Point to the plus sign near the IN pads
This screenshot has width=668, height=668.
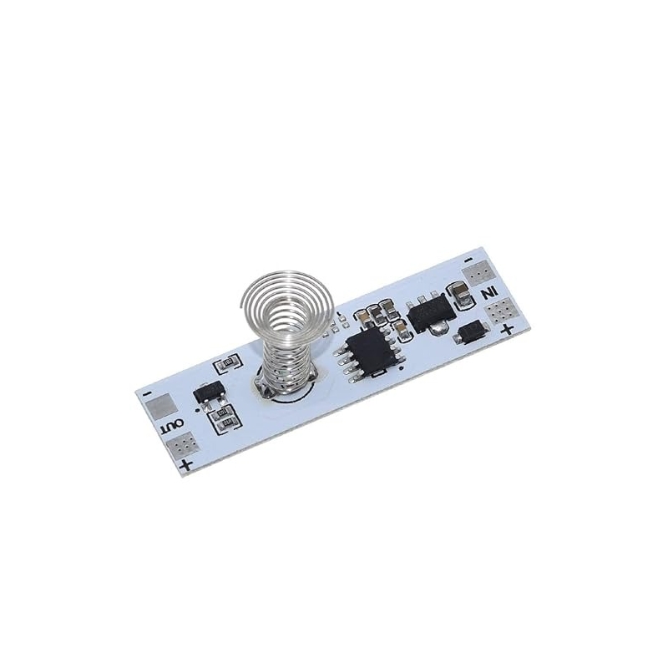pos(507,329)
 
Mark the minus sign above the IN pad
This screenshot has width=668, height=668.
pos(468,261)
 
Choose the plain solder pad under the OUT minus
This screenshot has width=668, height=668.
pos(161,405)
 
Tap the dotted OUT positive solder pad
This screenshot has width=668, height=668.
pos(182,444)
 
